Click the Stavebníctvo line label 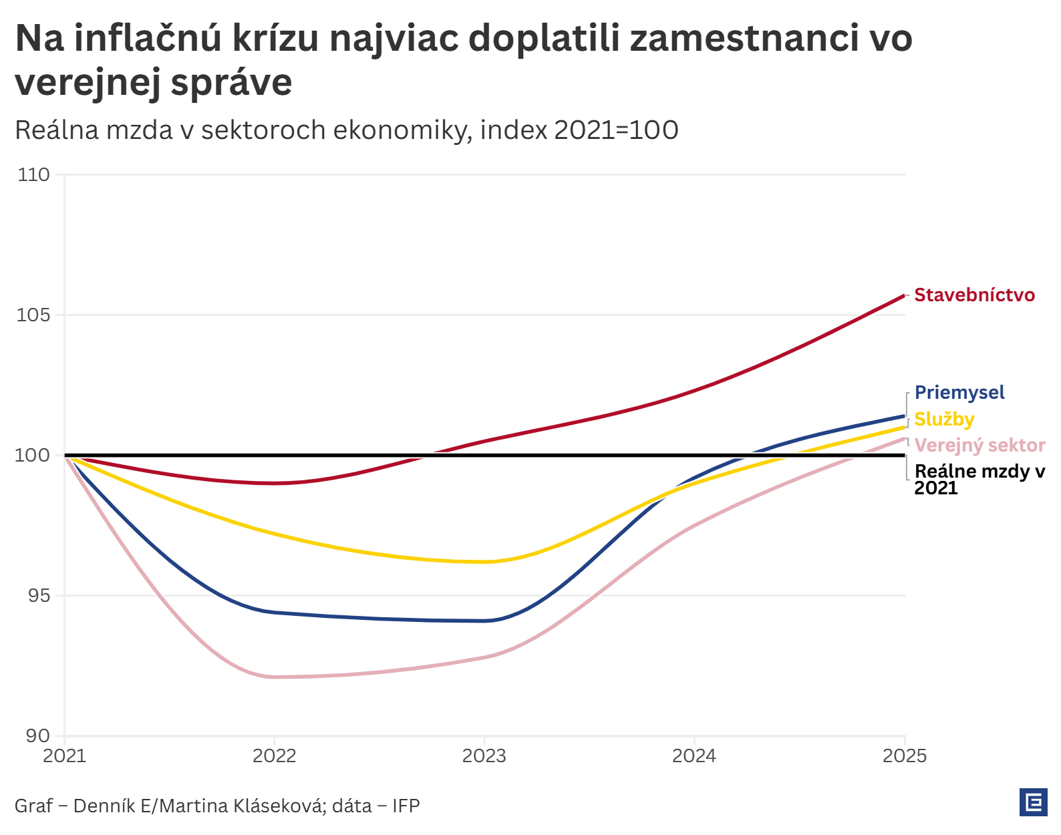tap(974, 295)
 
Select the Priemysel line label tap(959, 393)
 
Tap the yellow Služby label tap(944, 420)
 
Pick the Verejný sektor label tap(979, 446)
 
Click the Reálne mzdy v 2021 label tap(979, 480)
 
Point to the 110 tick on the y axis tap(34, 175)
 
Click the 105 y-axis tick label tap(33, 315)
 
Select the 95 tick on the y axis tap(39, 596)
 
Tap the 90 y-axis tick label tap(39, 736)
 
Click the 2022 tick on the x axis tap(274, 756)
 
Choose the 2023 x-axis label tap(484, 756)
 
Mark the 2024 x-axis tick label tap(694, 756)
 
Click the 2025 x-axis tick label tap(905, 756)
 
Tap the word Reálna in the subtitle tap(57, 130)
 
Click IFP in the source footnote tap(406, 806)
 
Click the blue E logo tap(1033, 802)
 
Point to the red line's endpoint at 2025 tap(904, 295)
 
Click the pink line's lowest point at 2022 tap(274, 677)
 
